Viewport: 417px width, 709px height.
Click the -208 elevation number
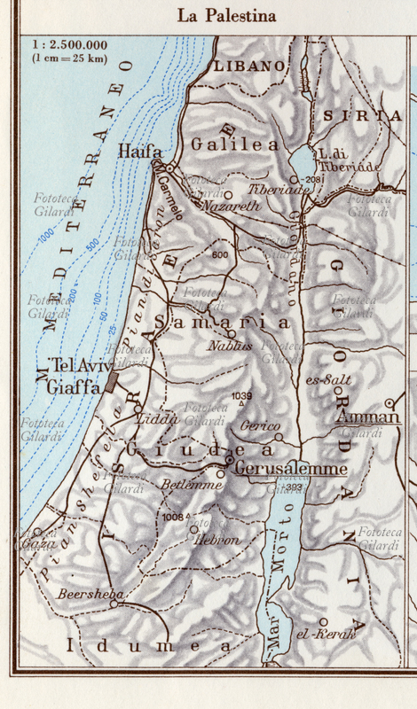[x=311, y=180]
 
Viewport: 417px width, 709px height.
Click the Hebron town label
[x=216, y=538]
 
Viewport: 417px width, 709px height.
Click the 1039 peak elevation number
[x=240, y=395]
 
